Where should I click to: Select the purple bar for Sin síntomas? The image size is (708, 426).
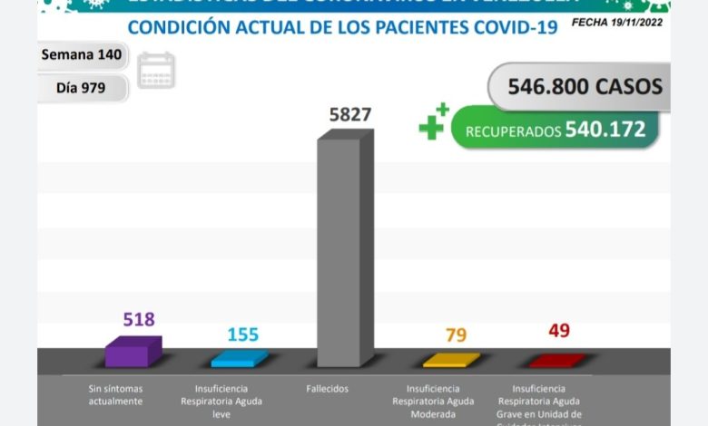[x=133, y=352]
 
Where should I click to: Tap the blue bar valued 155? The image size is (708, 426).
[x=239, y=358]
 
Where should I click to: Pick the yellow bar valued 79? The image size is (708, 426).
[x=451, y=360]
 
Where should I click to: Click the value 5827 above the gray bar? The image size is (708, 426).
[x=349, y=116]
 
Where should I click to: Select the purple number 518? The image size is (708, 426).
[x=139, y=319]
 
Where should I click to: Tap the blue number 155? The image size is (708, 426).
[x=242, y=334]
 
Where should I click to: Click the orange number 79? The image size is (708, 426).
[x=456, y=335]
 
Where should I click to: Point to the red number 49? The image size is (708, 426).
[x=559, y=331]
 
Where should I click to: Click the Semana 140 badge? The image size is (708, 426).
[x=82, y=54]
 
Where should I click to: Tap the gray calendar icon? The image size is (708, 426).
[x=156, y=71]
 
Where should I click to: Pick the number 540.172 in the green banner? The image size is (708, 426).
[x=605, y=130]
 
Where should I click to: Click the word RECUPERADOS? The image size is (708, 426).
[x=513, y=131]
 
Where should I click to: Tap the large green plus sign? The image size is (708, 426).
[x=432, y=124]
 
